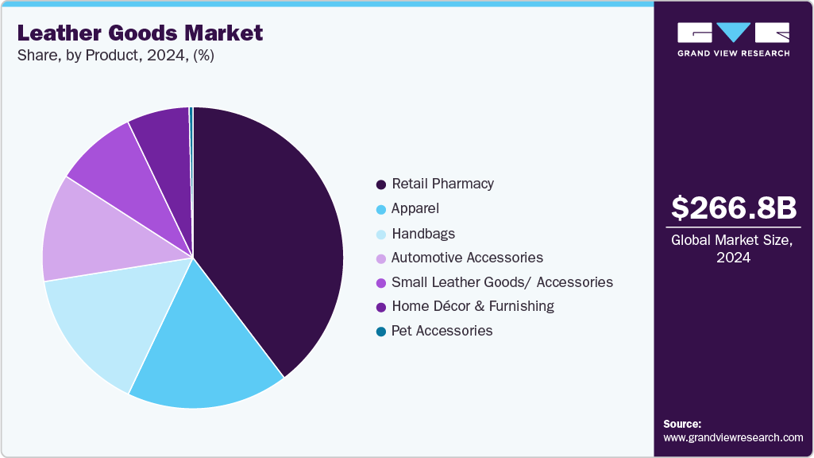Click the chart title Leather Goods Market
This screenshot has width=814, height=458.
[140, 33]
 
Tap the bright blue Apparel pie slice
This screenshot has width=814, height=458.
[206, 350]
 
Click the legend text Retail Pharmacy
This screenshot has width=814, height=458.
[442, 184]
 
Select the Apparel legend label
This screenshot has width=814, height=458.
[415, 208]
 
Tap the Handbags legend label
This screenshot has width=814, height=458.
[423, 234]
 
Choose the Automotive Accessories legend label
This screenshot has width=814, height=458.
[467, 258]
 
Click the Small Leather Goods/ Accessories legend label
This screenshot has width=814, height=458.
[502, 282]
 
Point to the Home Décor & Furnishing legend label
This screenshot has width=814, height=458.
[473, 306]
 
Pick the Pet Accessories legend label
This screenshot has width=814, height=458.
[442, 331]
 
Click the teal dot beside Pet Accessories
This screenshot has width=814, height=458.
[381, 332]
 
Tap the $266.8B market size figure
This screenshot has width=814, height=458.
[733, 208]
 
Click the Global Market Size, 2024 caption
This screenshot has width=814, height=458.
[733, 249]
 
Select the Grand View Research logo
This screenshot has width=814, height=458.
[733, 39]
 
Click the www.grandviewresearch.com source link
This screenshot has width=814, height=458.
[733, 437]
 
